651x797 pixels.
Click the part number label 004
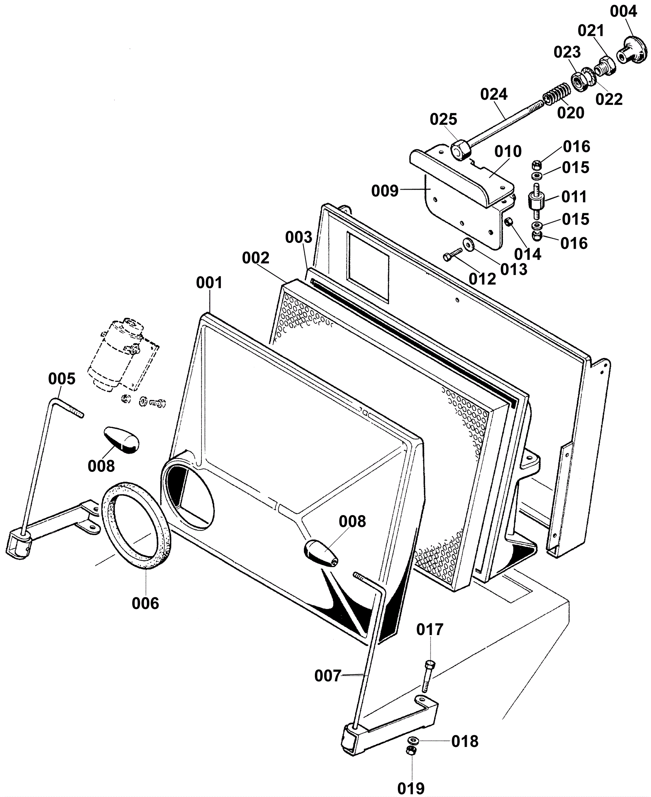623,12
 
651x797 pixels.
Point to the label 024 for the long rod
494,95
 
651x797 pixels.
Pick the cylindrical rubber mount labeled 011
536,200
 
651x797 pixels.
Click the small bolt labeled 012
452,255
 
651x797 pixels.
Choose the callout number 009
385,190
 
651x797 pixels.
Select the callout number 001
209,283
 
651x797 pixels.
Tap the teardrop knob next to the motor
121,440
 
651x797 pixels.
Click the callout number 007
327,676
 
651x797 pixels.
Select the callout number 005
62,379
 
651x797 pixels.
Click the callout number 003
298,238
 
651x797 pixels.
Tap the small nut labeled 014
508,222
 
